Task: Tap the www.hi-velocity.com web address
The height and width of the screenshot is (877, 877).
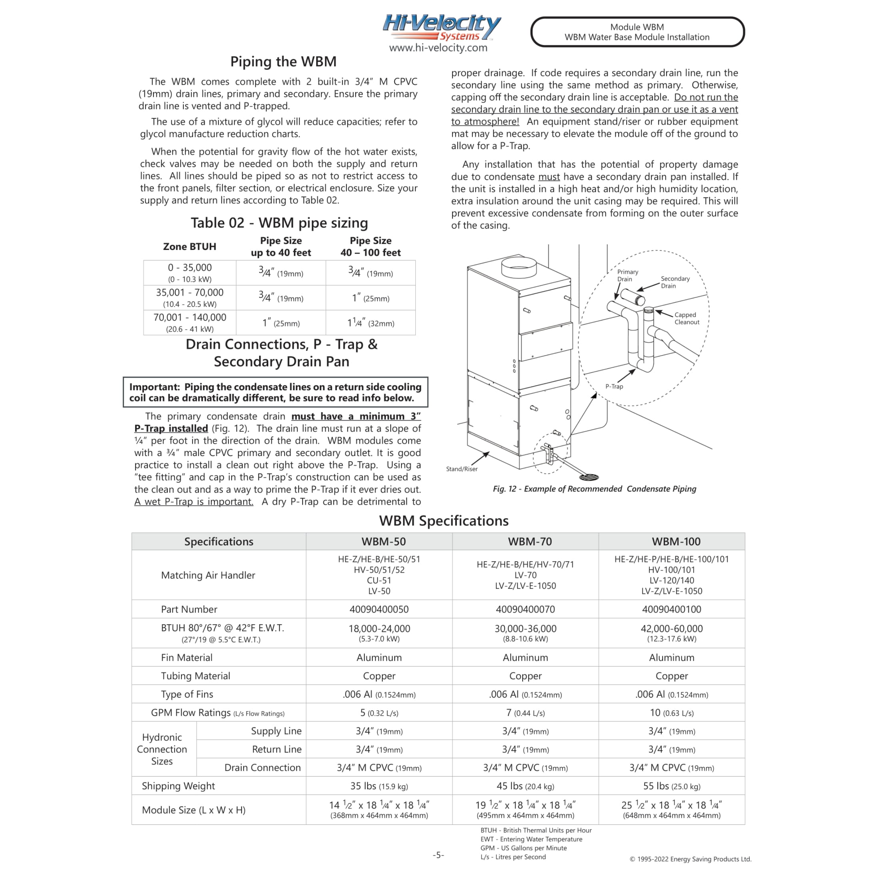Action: [x=438, y=48]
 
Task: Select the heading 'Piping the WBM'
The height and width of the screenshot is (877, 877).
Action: [x=283, y=61]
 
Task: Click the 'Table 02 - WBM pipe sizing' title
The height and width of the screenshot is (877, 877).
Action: [x=279, y=223]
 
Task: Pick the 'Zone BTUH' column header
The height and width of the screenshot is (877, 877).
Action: [x=189, y=247]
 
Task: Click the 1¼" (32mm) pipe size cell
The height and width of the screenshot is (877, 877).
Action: [x=371, y=323]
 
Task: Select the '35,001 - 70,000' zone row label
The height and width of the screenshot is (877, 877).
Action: [x=190, y=293]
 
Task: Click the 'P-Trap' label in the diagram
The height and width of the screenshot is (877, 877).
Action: [x=614, y=386]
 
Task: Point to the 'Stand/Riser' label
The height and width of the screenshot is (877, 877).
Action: [x=462, y=469]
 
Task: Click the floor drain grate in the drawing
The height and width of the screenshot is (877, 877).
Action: [x=589, y=477]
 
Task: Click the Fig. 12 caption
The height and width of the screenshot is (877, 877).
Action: [x=594, y=489]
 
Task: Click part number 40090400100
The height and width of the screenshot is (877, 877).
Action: [x=671, y=609]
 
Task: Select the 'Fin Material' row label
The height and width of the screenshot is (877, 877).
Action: [x=187, y=657]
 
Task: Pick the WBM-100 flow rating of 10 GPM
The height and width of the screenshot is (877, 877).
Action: [x=671, y=713]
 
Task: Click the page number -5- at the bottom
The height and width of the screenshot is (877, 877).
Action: [x=438, y=855]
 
